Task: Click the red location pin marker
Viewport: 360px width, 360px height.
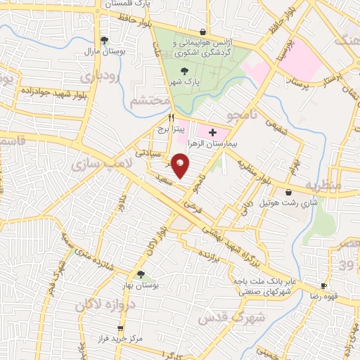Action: (181, 165)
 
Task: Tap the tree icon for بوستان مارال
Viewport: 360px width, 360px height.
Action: (104, 39)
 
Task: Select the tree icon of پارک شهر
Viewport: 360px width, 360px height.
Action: (185, 70)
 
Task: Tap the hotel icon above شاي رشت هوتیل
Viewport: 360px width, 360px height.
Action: (289, 192)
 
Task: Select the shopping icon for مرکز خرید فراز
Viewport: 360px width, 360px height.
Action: (121, 328)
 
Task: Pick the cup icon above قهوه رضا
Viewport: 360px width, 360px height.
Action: (323, 286)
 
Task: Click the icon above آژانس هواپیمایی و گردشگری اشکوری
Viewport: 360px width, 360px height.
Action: (202, 32)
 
